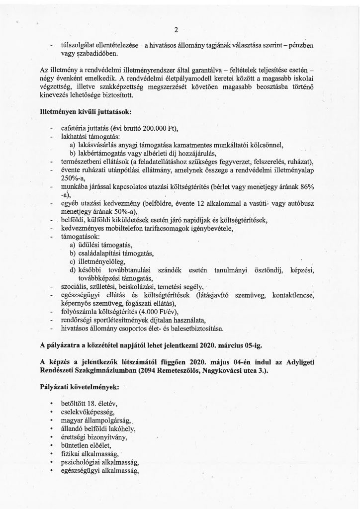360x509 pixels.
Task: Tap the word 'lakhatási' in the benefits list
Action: [75, 137]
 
